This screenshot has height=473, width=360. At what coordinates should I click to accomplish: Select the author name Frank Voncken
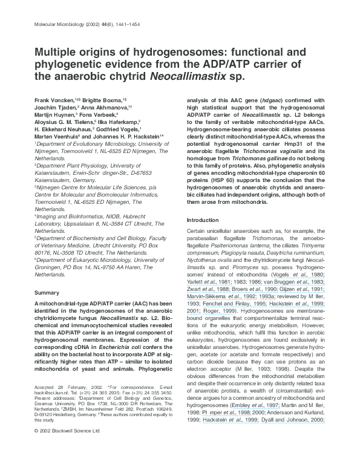point(53,99)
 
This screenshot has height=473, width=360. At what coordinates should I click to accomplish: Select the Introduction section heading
point(203,220)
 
